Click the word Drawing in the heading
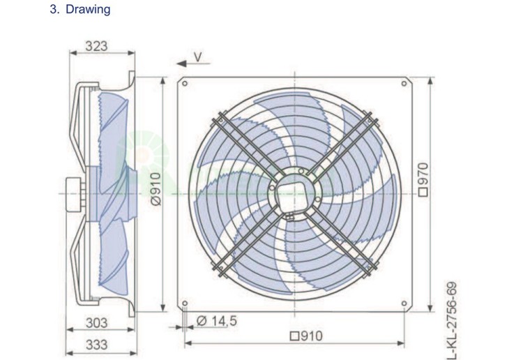tap(88, 9)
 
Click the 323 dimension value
tap(96, 46)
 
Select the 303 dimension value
tap(97, 323)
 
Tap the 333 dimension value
tap(97, 345)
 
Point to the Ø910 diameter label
tap(156, 189)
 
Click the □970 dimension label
tap(423, 179)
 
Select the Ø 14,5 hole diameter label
tap(216, 321)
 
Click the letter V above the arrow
tap(198, 57)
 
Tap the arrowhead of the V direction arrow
tap(181, 63)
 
